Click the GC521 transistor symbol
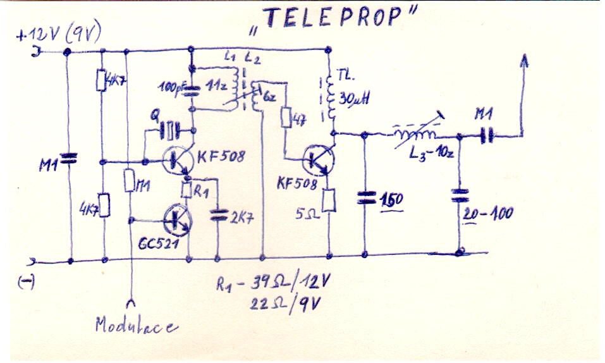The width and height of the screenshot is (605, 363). (176, 219)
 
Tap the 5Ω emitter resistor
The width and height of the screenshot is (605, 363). (329, 201)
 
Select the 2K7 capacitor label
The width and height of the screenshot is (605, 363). (241, 219)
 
